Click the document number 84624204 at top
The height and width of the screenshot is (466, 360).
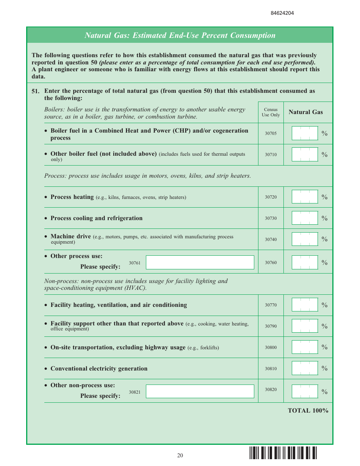[x=282, y=13]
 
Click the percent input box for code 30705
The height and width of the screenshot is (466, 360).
[x=305, y=133]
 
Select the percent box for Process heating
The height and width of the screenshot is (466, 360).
[x=305, y=197]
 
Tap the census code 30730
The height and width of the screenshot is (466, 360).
[x=271, y=218]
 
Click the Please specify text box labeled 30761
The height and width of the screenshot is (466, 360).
[x=200, y=262]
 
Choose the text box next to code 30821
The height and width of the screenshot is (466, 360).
[x=200, y=391]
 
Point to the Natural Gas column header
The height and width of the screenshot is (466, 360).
[x=306, y=112]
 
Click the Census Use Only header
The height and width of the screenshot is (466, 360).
[x=271, y=112]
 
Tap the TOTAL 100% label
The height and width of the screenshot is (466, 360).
[x=308, y=411]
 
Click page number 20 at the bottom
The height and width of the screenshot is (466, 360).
[x=180, y=455]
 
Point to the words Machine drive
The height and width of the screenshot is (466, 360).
[x=70, y=236]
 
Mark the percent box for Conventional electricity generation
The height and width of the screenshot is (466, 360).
[x=305, y=368]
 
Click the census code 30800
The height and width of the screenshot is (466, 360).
[x=271, y=347]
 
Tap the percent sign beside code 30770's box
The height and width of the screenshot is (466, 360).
[x=324, y=305]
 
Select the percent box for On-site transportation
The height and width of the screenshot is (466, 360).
[x=305, y=347]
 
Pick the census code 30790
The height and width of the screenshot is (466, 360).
[x=271, y=326]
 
